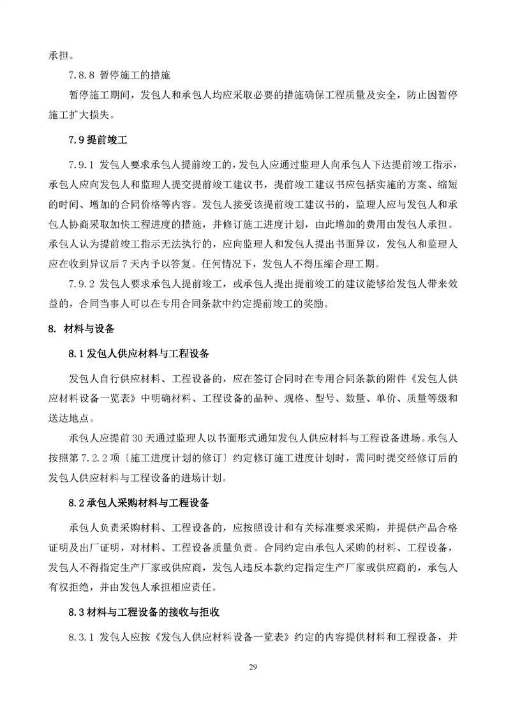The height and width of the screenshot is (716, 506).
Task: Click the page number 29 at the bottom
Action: [253, 668]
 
